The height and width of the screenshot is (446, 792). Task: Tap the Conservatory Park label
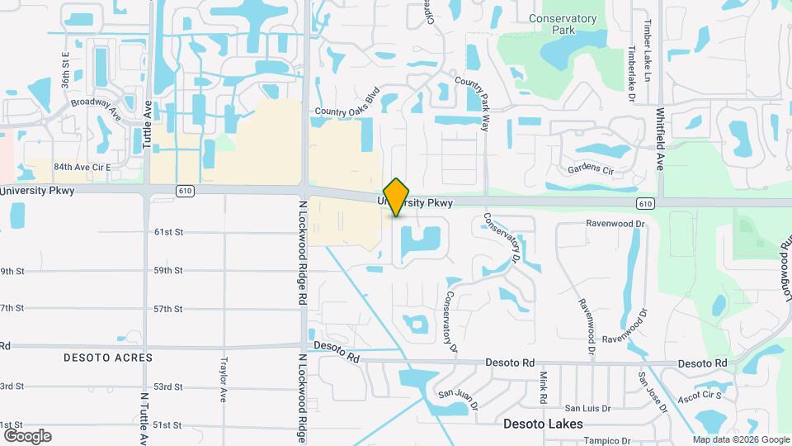(x=563, y=24)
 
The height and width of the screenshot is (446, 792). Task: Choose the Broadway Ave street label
(x=96, y=108)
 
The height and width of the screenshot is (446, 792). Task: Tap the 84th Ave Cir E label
(x=82, y=167)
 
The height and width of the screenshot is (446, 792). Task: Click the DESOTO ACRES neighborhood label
(x=108, y=358)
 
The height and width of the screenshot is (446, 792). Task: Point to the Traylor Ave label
(x=223, y=379)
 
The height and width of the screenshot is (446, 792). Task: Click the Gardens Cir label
(x=591, y=170)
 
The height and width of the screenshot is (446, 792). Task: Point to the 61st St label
(x=167, y=232)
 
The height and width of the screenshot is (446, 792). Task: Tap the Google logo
(x=27, y=436)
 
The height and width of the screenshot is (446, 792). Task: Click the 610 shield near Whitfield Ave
(x=645, y=203)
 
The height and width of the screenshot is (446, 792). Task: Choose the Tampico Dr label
(x=607, y=441)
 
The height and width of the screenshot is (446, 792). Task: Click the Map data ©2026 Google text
(x=740, y=439)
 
